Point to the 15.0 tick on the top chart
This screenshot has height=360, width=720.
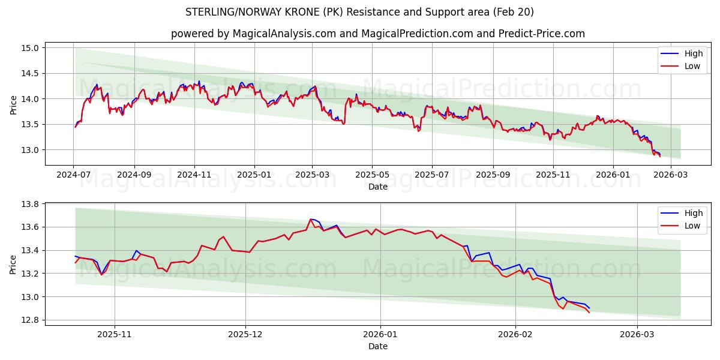[x=31, y=48]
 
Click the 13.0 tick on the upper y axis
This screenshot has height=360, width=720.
[x=31, y=150]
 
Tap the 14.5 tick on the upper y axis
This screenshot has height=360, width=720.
[x=31, y=73]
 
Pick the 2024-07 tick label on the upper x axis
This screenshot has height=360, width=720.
[x=73, y=174]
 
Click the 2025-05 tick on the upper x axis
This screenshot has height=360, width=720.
[x=372, y=174]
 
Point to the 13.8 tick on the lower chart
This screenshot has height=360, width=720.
[x=31, y=205]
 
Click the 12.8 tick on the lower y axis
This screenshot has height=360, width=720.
[x=31, y=320]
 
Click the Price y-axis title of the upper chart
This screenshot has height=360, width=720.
[x=14, y=105]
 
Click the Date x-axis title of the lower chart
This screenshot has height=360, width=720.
[x=378, y=346]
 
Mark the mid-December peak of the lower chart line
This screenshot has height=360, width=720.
[x=310, y=219]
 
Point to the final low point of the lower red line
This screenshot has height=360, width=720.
[x=589, y=313]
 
